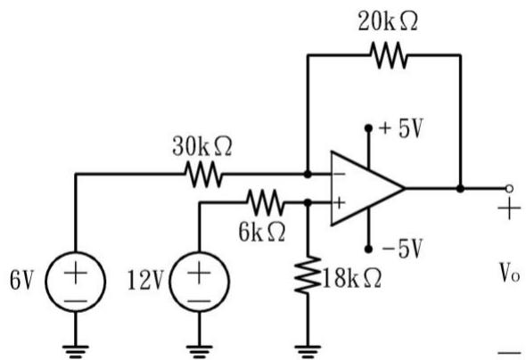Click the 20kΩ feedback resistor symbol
click(389, 55)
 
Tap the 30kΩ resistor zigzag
click(203, 174)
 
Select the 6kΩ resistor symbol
click(266, 202)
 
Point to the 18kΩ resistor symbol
click(308, 275)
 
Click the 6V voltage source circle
click(76, 282)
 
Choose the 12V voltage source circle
click(200, 282)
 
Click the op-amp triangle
click(367, 188)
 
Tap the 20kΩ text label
click(388, 21)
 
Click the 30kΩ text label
click(202, 146)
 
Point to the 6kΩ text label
click(262, 232)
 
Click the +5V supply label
click(400, 128)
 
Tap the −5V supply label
click(401, 249)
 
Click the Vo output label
click(510, 273)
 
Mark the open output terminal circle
click(509, 189)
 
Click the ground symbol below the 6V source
click(76, 351)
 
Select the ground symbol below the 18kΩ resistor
click(308, 351)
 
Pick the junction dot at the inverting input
click(308, 174)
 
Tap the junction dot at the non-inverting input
click(308, 202)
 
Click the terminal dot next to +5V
click(368, 128)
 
